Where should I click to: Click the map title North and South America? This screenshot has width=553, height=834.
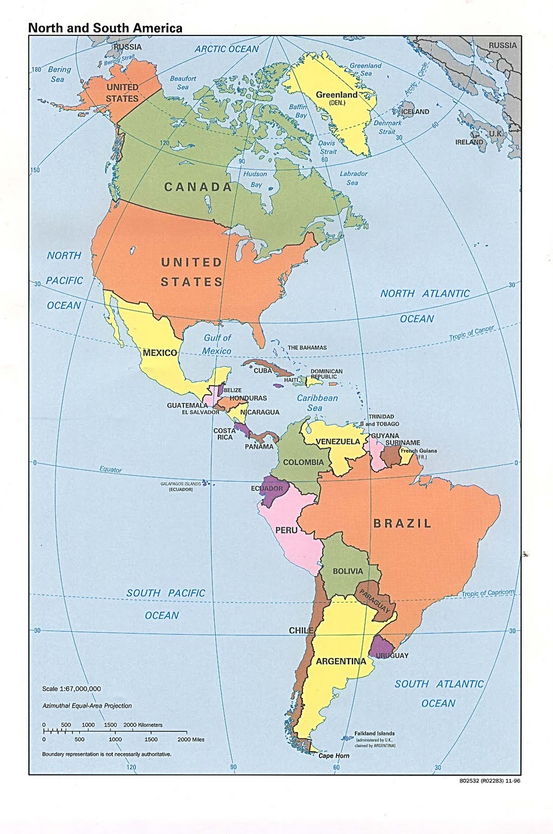pos(105,28)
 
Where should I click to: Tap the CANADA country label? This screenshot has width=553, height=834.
pos(198,187)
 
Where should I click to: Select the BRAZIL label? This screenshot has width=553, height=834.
pos(402,523)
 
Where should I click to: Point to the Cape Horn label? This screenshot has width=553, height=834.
pos(334,756)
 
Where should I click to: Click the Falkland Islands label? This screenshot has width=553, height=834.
pos(374,733)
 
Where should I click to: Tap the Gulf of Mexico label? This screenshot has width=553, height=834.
pos(217,344)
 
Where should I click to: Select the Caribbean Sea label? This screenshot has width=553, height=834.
pos(317,402)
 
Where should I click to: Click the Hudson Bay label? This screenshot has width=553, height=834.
pos(255,179)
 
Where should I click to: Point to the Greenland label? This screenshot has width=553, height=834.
pos(337,95)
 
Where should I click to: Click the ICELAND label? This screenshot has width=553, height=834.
pos(415,112)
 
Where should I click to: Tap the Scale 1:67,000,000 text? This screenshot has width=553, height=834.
pos(71,689)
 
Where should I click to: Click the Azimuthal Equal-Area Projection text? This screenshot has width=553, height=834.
pos(87,706)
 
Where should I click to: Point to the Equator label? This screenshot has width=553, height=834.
pos(110,469)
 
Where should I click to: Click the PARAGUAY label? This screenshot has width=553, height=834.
pos(374,601)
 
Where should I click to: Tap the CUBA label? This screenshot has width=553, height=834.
pos(263,371)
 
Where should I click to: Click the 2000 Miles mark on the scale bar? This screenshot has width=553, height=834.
pos(191,740)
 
